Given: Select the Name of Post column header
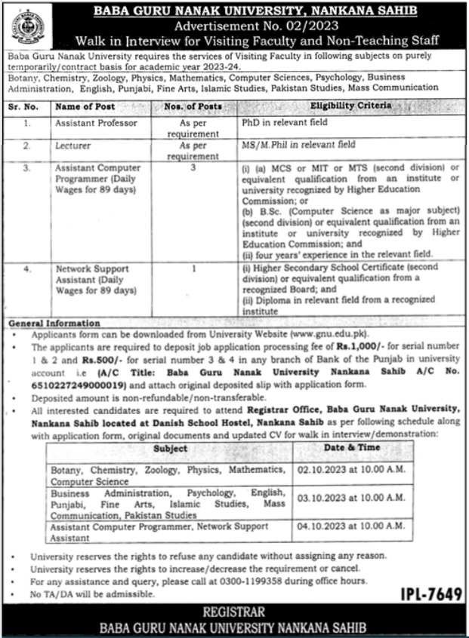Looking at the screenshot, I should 85,106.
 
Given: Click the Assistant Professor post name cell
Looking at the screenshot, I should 94,121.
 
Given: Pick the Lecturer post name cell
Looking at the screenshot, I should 73,145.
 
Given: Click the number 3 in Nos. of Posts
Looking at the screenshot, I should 193,168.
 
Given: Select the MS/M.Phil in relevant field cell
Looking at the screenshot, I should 298,145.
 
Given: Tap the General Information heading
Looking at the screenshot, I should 54,323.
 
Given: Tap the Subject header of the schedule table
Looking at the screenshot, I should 171,448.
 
